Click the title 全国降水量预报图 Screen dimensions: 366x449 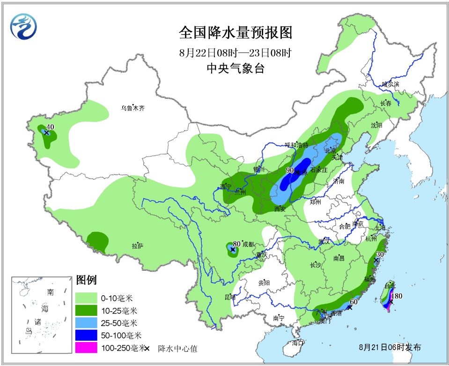235,33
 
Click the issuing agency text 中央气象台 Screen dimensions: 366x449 235,69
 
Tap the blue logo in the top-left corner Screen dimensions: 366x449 23,27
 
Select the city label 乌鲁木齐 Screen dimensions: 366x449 133,108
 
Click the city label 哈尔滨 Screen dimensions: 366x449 390,84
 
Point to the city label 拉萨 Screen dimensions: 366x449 137,246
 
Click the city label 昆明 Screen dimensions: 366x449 230,297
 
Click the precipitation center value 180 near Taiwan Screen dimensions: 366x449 397,296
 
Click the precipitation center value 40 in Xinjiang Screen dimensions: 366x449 50,127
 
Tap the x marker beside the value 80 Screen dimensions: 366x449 232,250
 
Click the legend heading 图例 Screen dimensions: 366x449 86,281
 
